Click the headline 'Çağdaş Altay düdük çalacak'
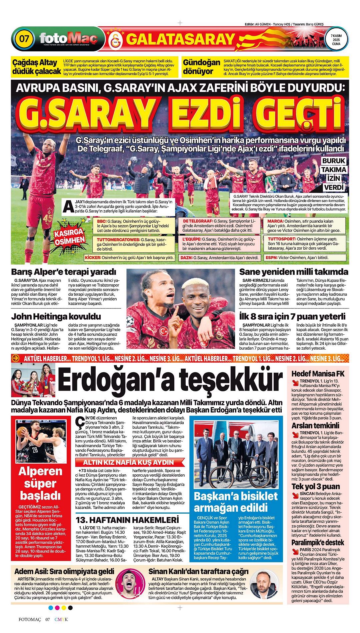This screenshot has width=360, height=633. click(34, 67)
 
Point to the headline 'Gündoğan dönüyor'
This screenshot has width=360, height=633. click(201, 67)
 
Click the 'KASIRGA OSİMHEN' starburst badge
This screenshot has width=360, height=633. click(70, 237)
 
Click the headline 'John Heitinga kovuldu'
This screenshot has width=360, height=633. click(56, 316)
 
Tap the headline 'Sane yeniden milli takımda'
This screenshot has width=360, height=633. click(294, 272)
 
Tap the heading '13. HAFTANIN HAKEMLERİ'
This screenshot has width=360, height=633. click(127, 520)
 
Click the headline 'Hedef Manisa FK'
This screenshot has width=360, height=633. click(318, 374)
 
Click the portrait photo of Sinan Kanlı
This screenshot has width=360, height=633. click(264, 588)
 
